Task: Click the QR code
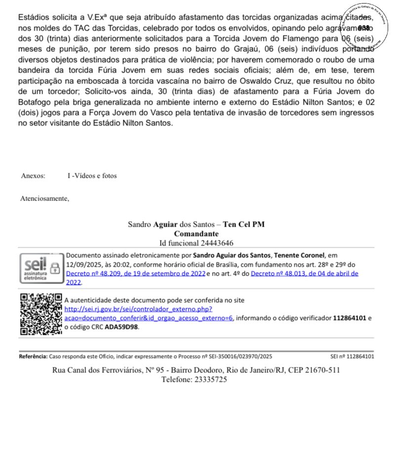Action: tap(41, 314)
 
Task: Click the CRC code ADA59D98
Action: tap(122, 327)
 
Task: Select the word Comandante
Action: tap(196, 234)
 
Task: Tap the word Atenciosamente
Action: tap(44, 199)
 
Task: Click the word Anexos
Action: tap(33, 176)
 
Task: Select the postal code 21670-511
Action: tap(321, 370)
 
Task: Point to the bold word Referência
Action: tap(33, 356)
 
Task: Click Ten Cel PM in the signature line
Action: tap(244, 224)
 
